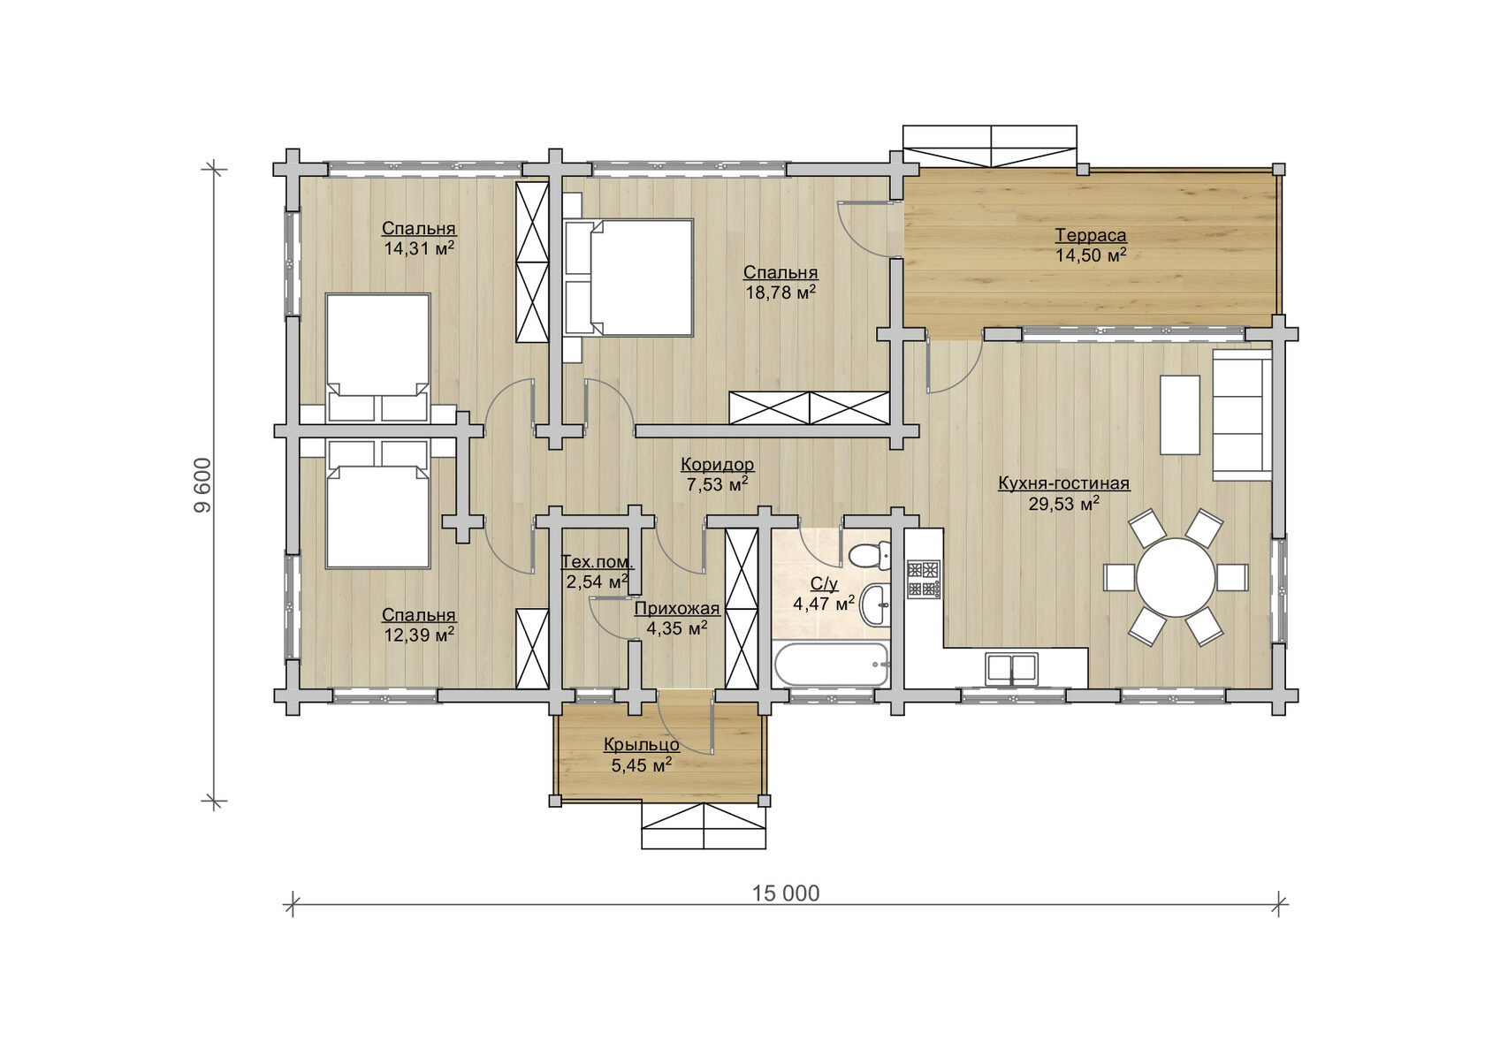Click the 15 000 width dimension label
click(786, 893)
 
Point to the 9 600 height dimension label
click(203, 485)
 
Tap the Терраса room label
click(1091, 235)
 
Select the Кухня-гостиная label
click(1064, 483)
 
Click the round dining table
click(1176, 577)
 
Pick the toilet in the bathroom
click(871, 555)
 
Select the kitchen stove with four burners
click(923, 579)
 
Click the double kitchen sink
click(1011, 669)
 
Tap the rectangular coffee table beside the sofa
click(1180, 414)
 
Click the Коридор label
click(718, 465)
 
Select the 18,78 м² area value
click(781, 293)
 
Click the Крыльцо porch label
click(641, 745)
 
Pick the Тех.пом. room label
click(598, 562)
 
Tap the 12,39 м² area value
click(419, 635)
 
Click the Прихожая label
click(677, 608)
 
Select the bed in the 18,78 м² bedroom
click(628, 277)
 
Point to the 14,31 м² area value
click(419, 248)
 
